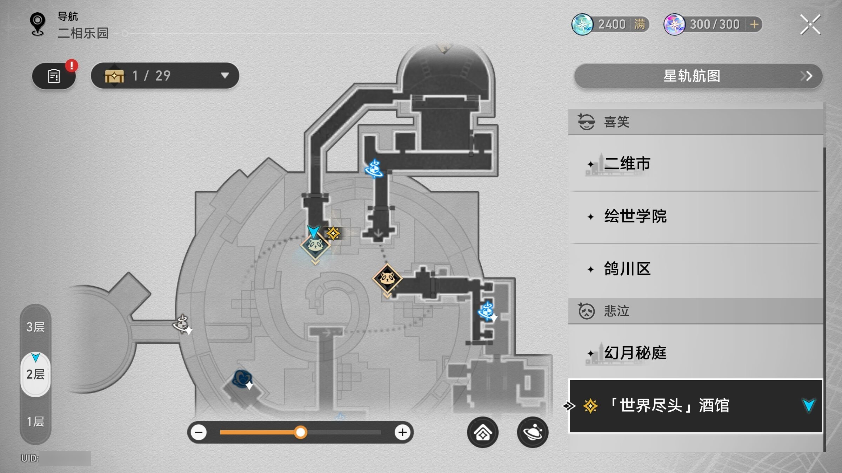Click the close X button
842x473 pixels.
[x=810, y=25]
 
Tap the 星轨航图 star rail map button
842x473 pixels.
[x=698, y=76]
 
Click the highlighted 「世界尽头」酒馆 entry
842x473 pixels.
[x=696, y=406]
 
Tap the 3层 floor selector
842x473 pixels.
[x=35, y=327]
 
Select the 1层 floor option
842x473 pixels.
[x=35, y=421]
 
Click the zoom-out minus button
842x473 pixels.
[x=199, y=432]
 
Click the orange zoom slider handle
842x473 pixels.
[x=300, y=432]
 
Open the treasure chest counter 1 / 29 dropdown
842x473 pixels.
[x=165, y=76]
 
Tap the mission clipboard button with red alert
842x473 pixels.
[x=54, y=76]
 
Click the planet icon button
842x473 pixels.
[x=533, y=432]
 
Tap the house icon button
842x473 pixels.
[x=483, y=432]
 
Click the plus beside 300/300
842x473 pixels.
[x=754, y=25]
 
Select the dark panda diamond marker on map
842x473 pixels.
[x=387, y=279]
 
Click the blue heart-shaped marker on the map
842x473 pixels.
[x=242, y=378]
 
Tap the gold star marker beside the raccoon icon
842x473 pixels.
[x=333, y=233]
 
